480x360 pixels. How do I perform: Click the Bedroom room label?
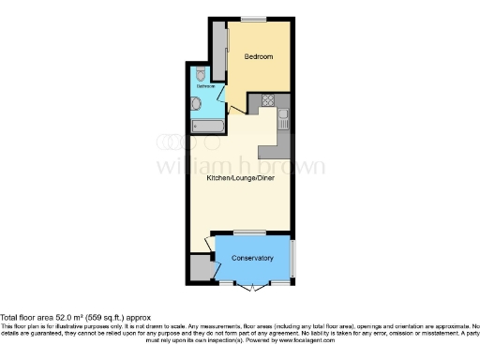click(258, 57)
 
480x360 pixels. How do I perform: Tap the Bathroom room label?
click(204, 86)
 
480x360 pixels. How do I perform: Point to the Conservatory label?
click(252, 258)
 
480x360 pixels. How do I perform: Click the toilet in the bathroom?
click(200, 73)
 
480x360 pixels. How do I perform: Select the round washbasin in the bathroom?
click(195, 104)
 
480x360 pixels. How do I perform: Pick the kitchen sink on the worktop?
click(284, 118)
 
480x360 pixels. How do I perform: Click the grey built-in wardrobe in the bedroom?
click(218, 51)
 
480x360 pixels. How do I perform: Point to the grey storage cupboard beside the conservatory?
click(201, 268)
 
